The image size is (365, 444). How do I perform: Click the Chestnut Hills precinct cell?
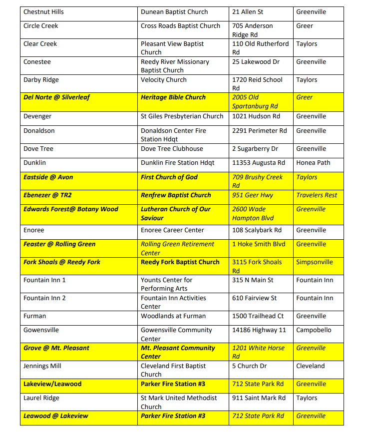(43, 12)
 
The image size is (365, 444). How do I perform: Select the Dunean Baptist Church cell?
(174, 12)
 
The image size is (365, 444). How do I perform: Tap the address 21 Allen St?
(248, 12)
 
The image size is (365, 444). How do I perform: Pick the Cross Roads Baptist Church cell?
(180, 26)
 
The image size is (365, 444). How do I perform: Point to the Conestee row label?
(37, 62)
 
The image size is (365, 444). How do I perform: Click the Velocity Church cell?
(164, 80)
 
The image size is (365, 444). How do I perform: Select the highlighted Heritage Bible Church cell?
(173, 97)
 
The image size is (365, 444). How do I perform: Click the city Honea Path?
(313, 163)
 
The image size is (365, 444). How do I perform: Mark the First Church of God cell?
(169, 177)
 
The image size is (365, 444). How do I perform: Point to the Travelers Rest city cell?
(317, 195)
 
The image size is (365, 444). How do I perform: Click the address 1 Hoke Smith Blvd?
(259, 244)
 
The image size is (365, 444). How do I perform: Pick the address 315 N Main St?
(253, 280)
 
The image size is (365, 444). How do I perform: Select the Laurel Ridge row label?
(41, 398)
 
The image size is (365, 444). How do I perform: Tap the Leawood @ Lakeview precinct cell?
(55, 416)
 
